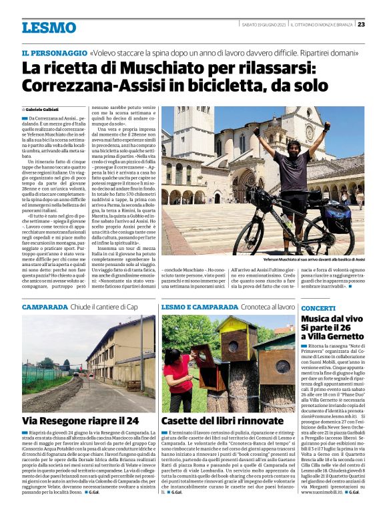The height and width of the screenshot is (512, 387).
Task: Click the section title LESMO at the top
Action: (49, 27)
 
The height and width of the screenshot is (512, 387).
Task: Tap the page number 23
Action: (361, 24)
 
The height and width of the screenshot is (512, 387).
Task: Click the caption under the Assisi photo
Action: (314, 259)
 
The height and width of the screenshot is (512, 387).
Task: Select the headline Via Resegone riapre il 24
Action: (81, 420)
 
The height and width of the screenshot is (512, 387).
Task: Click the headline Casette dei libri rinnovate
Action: (222, 420)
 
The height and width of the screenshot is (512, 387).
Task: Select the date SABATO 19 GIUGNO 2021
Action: (264, 24)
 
